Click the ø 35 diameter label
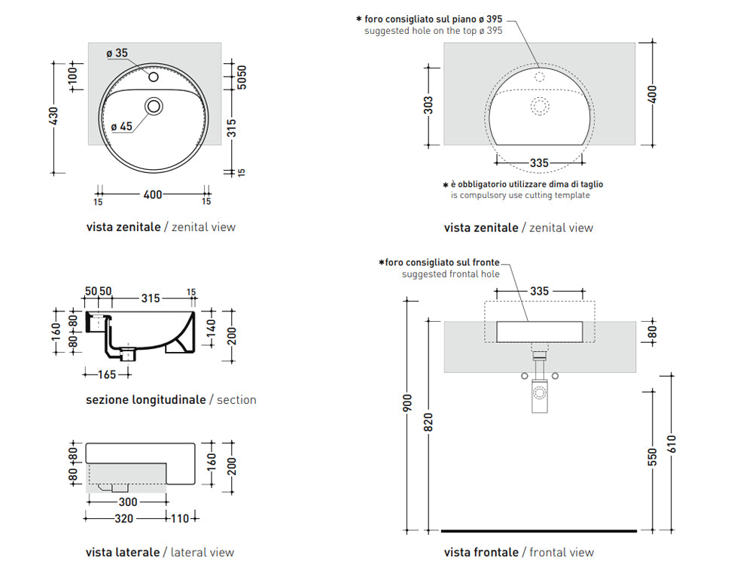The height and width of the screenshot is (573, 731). [117, 53]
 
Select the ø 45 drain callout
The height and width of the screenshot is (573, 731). [121, 126]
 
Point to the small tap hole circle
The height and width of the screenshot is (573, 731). [153, 77]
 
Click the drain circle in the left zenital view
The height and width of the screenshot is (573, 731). [154, 106]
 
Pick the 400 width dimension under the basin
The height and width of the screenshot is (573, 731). [153, 195]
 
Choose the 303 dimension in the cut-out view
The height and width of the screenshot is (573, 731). [428, 105]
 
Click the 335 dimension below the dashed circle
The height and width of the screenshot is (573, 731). [539, 163]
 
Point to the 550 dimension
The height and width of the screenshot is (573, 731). [652, 456]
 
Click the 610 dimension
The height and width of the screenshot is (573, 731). [672, 444]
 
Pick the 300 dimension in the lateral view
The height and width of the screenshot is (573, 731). [126, 502]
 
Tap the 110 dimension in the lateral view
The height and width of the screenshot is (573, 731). [181, 518]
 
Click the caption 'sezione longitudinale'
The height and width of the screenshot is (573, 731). [145, 400]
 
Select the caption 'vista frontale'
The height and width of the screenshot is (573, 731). [481, 552]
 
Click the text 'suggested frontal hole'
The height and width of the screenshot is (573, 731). [449, 274]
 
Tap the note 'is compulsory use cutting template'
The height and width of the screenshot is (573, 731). [520, 196]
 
